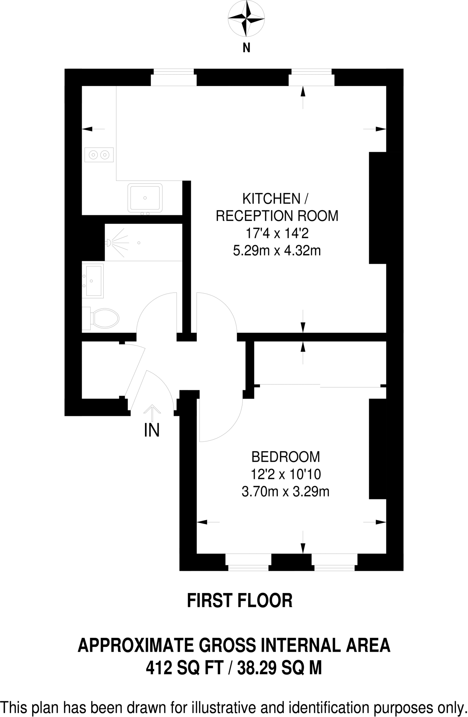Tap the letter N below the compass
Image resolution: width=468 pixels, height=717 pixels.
point(247,48)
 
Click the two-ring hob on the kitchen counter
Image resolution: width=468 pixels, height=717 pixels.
point(99,154)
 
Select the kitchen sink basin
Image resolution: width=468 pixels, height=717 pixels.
point(145,198)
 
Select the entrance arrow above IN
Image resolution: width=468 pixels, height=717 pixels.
point(152,412)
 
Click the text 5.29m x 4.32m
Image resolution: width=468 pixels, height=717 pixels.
point(277,251)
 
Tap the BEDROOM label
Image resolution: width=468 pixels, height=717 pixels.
point(285,457)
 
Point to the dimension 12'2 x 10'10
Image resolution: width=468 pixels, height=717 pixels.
point(285,474)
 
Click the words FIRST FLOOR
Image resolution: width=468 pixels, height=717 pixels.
point(240,600)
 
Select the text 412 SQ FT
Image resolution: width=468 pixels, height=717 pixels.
point(185,669)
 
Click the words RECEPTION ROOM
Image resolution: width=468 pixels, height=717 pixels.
point(277,216)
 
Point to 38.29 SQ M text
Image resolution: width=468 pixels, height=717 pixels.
point(280,669)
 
